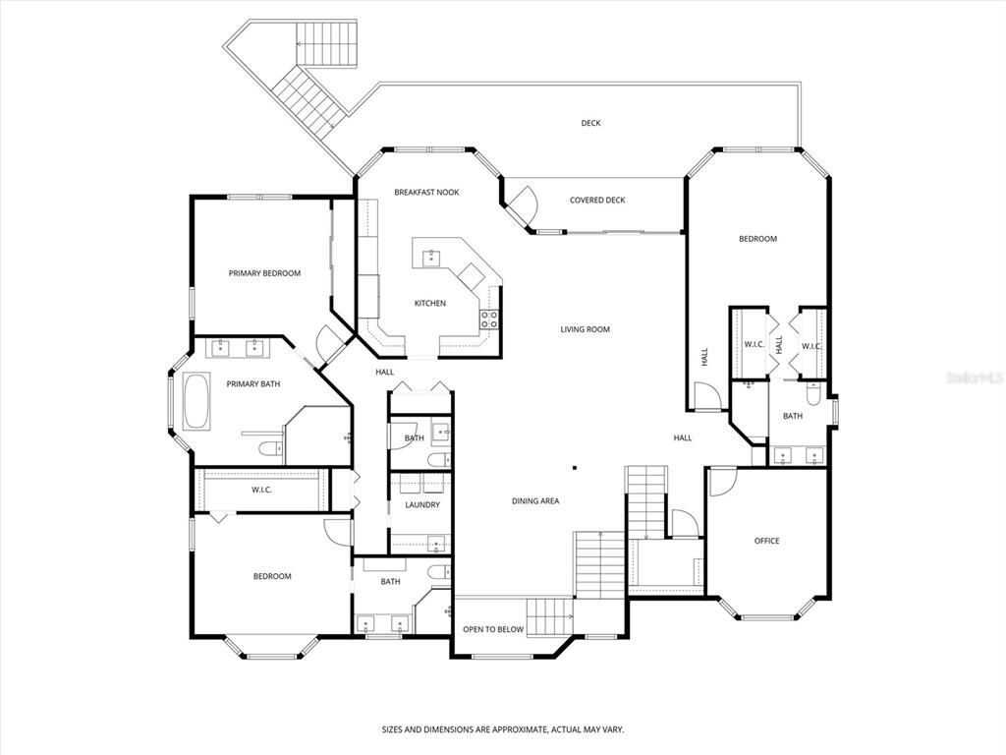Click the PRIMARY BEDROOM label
(264, 273)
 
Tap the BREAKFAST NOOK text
(426, 192)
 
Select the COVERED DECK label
(597, 201)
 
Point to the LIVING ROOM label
(586, 329)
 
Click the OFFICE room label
(766, 541)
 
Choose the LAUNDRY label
(421, 505)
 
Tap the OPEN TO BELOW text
(493, 629)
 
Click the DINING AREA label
(535, 501)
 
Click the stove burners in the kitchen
(488, 318)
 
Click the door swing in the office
(722, 480)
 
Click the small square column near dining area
(575, 468)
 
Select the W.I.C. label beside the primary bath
(261, 490)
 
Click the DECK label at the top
(590, 123)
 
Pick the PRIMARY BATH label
(253, 383)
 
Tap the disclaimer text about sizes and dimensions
(502, 729)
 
